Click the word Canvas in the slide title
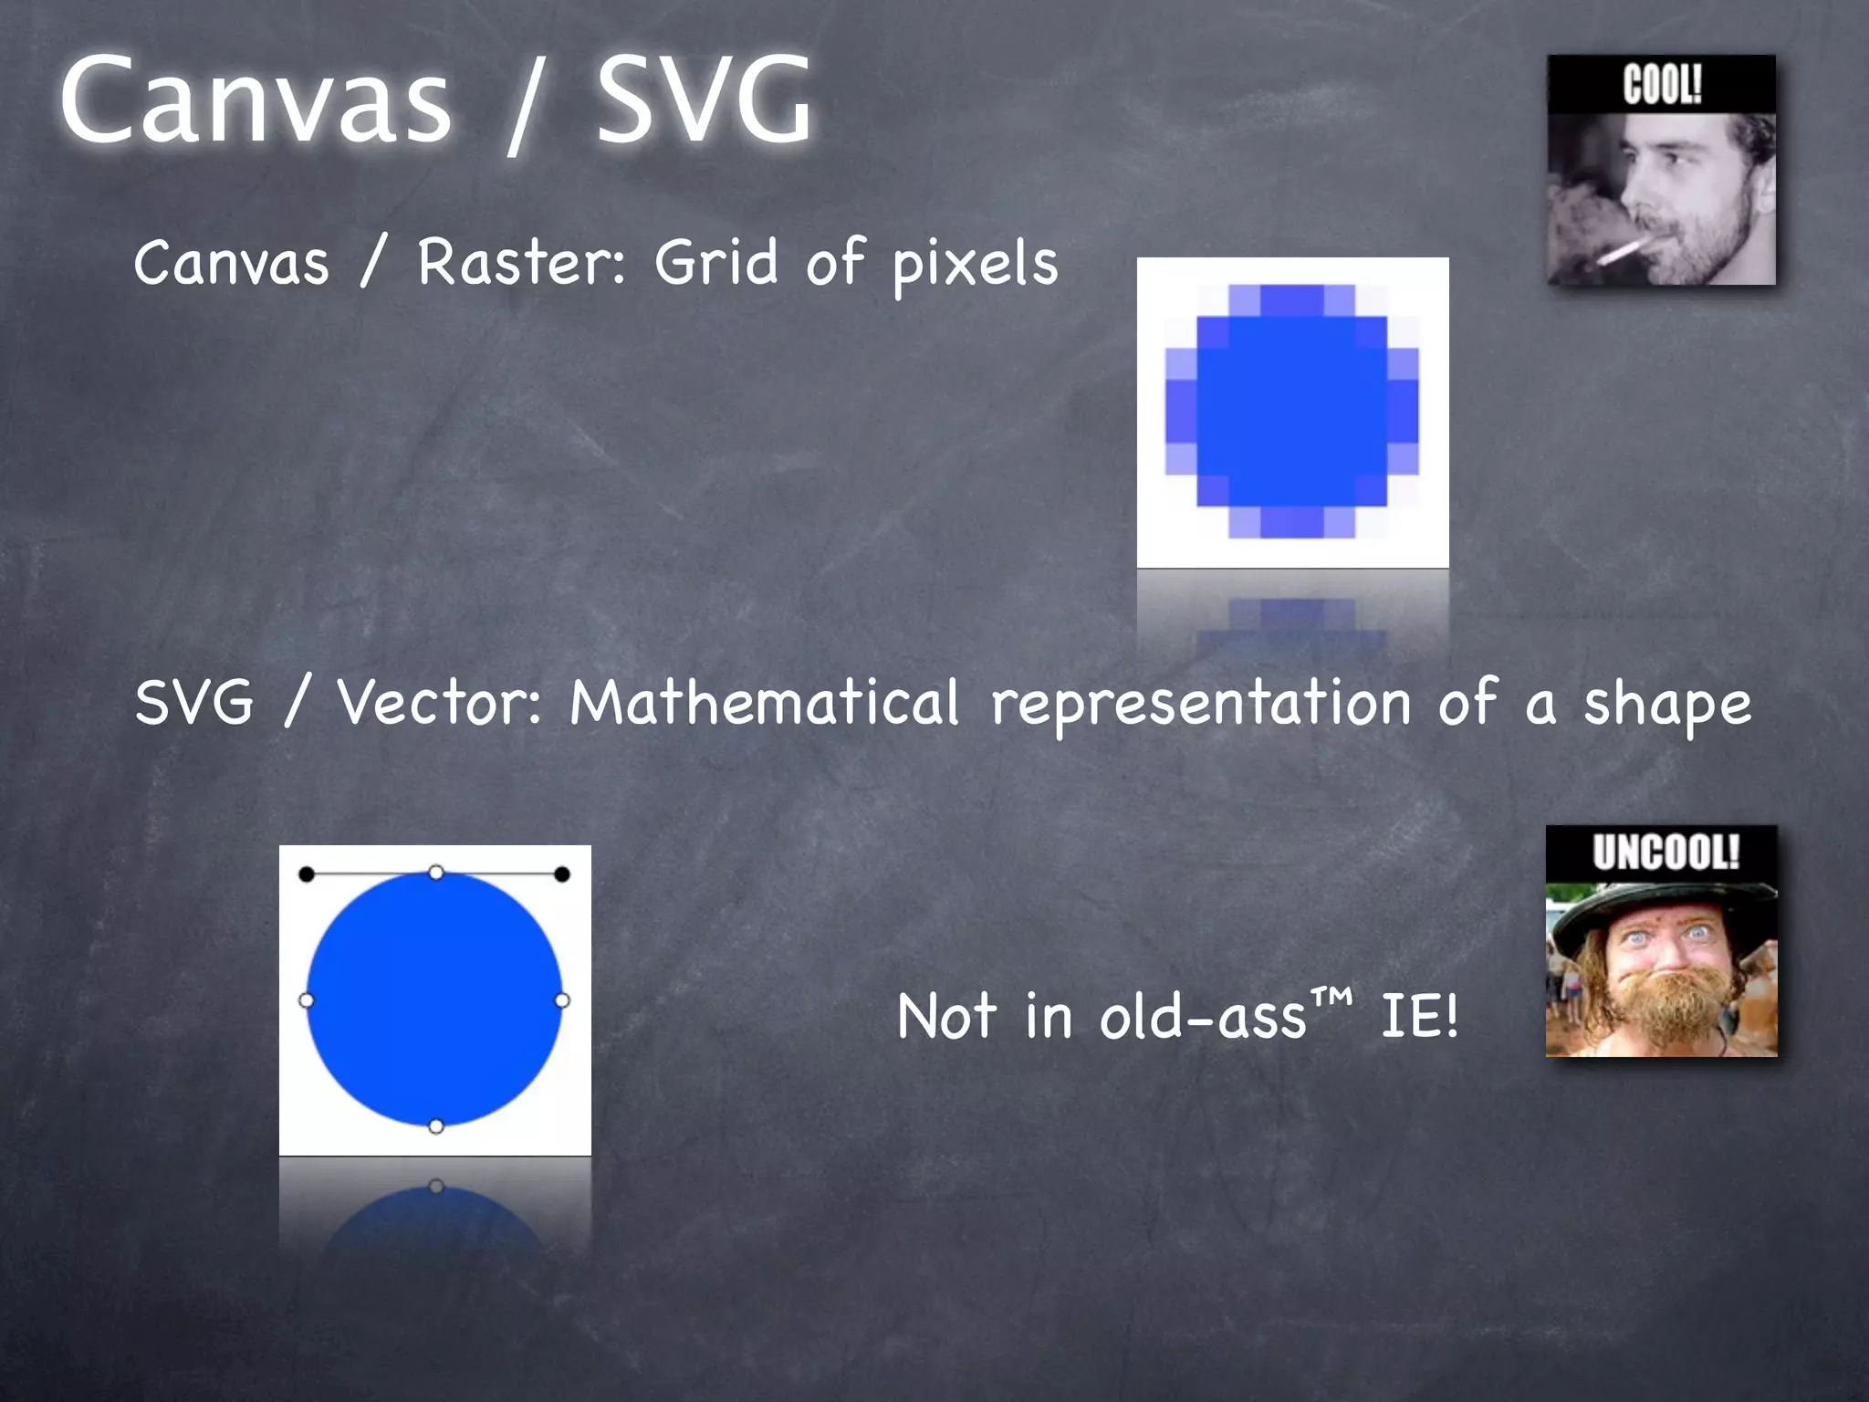tap(256, 100)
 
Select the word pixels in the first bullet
tap(975, 265)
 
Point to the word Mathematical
tap(765, 703)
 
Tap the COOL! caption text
tap(1662, 85)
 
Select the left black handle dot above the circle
tap(307, 874)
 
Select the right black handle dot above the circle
tap(562, 874)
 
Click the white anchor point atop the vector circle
tap(436, 874)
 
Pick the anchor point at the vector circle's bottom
tap(436, 1126)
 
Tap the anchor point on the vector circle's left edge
tap(307, 1000)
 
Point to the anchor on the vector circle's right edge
tap(562, 1000)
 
